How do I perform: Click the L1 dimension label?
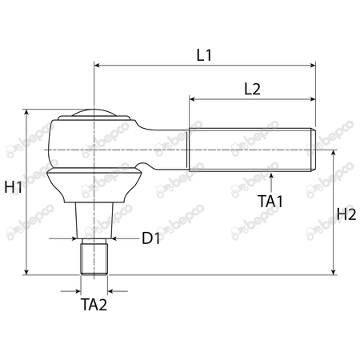(204, 55)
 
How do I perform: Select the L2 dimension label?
(251, 89)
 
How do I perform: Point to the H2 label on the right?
(346, 214)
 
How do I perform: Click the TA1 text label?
(271, 201)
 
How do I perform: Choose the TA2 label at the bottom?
(94, 305)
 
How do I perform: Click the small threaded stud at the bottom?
(94, 258)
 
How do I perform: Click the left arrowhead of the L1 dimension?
(97, 65)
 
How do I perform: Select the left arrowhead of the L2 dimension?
(193, 98)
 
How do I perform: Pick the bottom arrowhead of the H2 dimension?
(333, 272)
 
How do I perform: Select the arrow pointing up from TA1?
(272, 175)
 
